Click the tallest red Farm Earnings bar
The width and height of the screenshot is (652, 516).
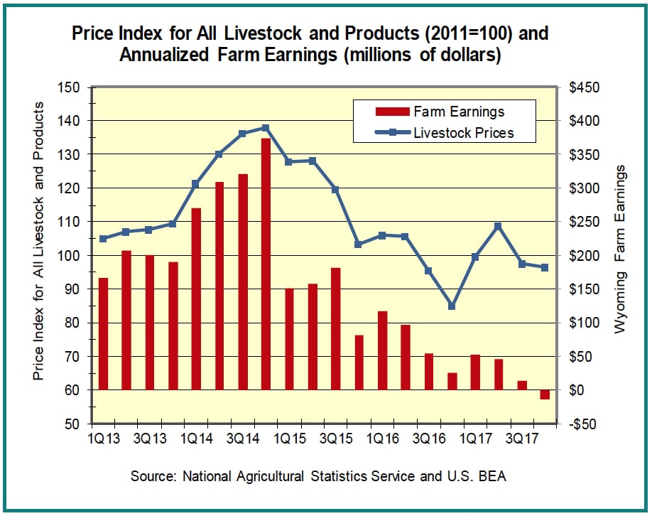pyautogui.click(x=266, y=264)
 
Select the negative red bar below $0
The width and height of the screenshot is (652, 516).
pyautogui.click(x=545, y=394)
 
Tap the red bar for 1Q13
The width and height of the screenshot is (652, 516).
pyautogui.click(x=103, y=333)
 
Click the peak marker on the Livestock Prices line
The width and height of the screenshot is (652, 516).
pyautogui.click(x=266, y=128)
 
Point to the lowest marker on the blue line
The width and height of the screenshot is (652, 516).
pyautogui.click(x=452, y=306)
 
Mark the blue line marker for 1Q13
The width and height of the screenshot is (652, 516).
pyautogui.click(x=103, y=239)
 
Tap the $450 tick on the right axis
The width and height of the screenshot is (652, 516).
pyautogui.click(x=585, y=87)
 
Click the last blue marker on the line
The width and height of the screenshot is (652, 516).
pyautogui.click(x=545, y=267)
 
